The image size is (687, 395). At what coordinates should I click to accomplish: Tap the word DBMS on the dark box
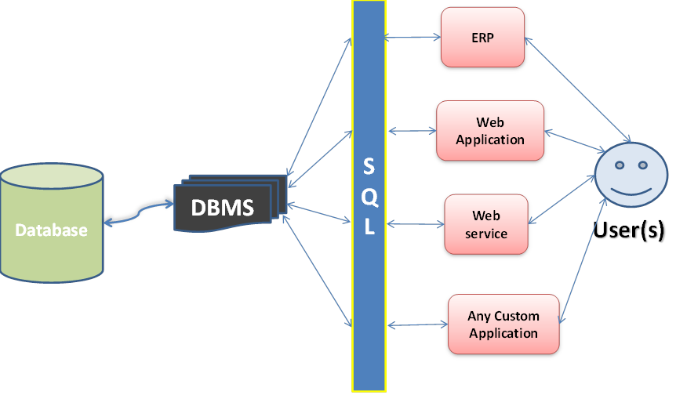coord(224,208)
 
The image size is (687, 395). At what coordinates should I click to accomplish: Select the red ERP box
coord(482,37)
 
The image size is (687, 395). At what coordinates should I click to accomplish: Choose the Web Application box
coord(489,131)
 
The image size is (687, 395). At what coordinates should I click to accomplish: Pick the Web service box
coord(485,224)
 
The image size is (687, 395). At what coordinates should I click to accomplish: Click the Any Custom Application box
coord(503,324)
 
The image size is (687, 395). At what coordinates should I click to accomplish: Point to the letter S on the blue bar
coord(369,167)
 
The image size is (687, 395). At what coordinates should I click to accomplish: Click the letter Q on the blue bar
coord(369,198)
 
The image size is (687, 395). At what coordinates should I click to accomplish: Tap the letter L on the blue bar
coord(369,228)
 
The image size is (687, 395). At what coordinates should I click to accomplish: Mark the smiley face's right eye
coord(642,166)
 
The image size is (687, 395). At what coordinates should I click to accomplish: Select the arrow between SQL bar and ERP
coord(413,36)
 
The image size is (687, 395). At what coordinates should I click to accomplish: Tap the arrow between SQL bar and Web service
coord(416,224)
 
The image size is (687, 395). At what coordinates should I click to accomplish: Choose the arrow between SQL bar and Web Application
coord(411,130)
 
